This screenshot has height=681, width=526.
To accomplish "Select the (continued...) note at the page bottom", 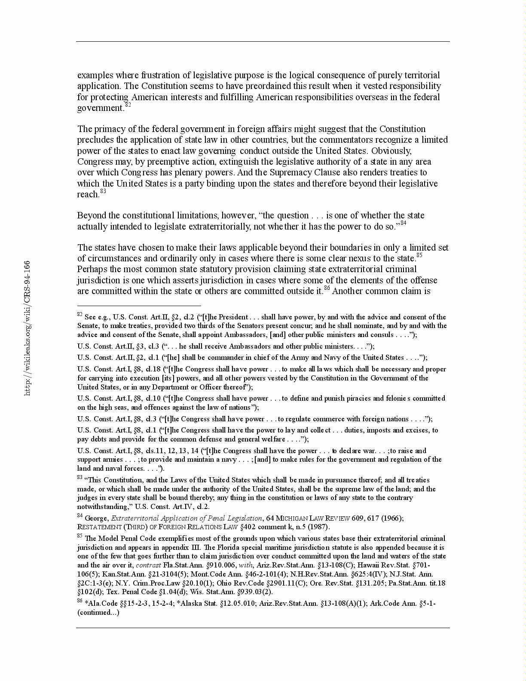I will (x=98, y=613).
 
